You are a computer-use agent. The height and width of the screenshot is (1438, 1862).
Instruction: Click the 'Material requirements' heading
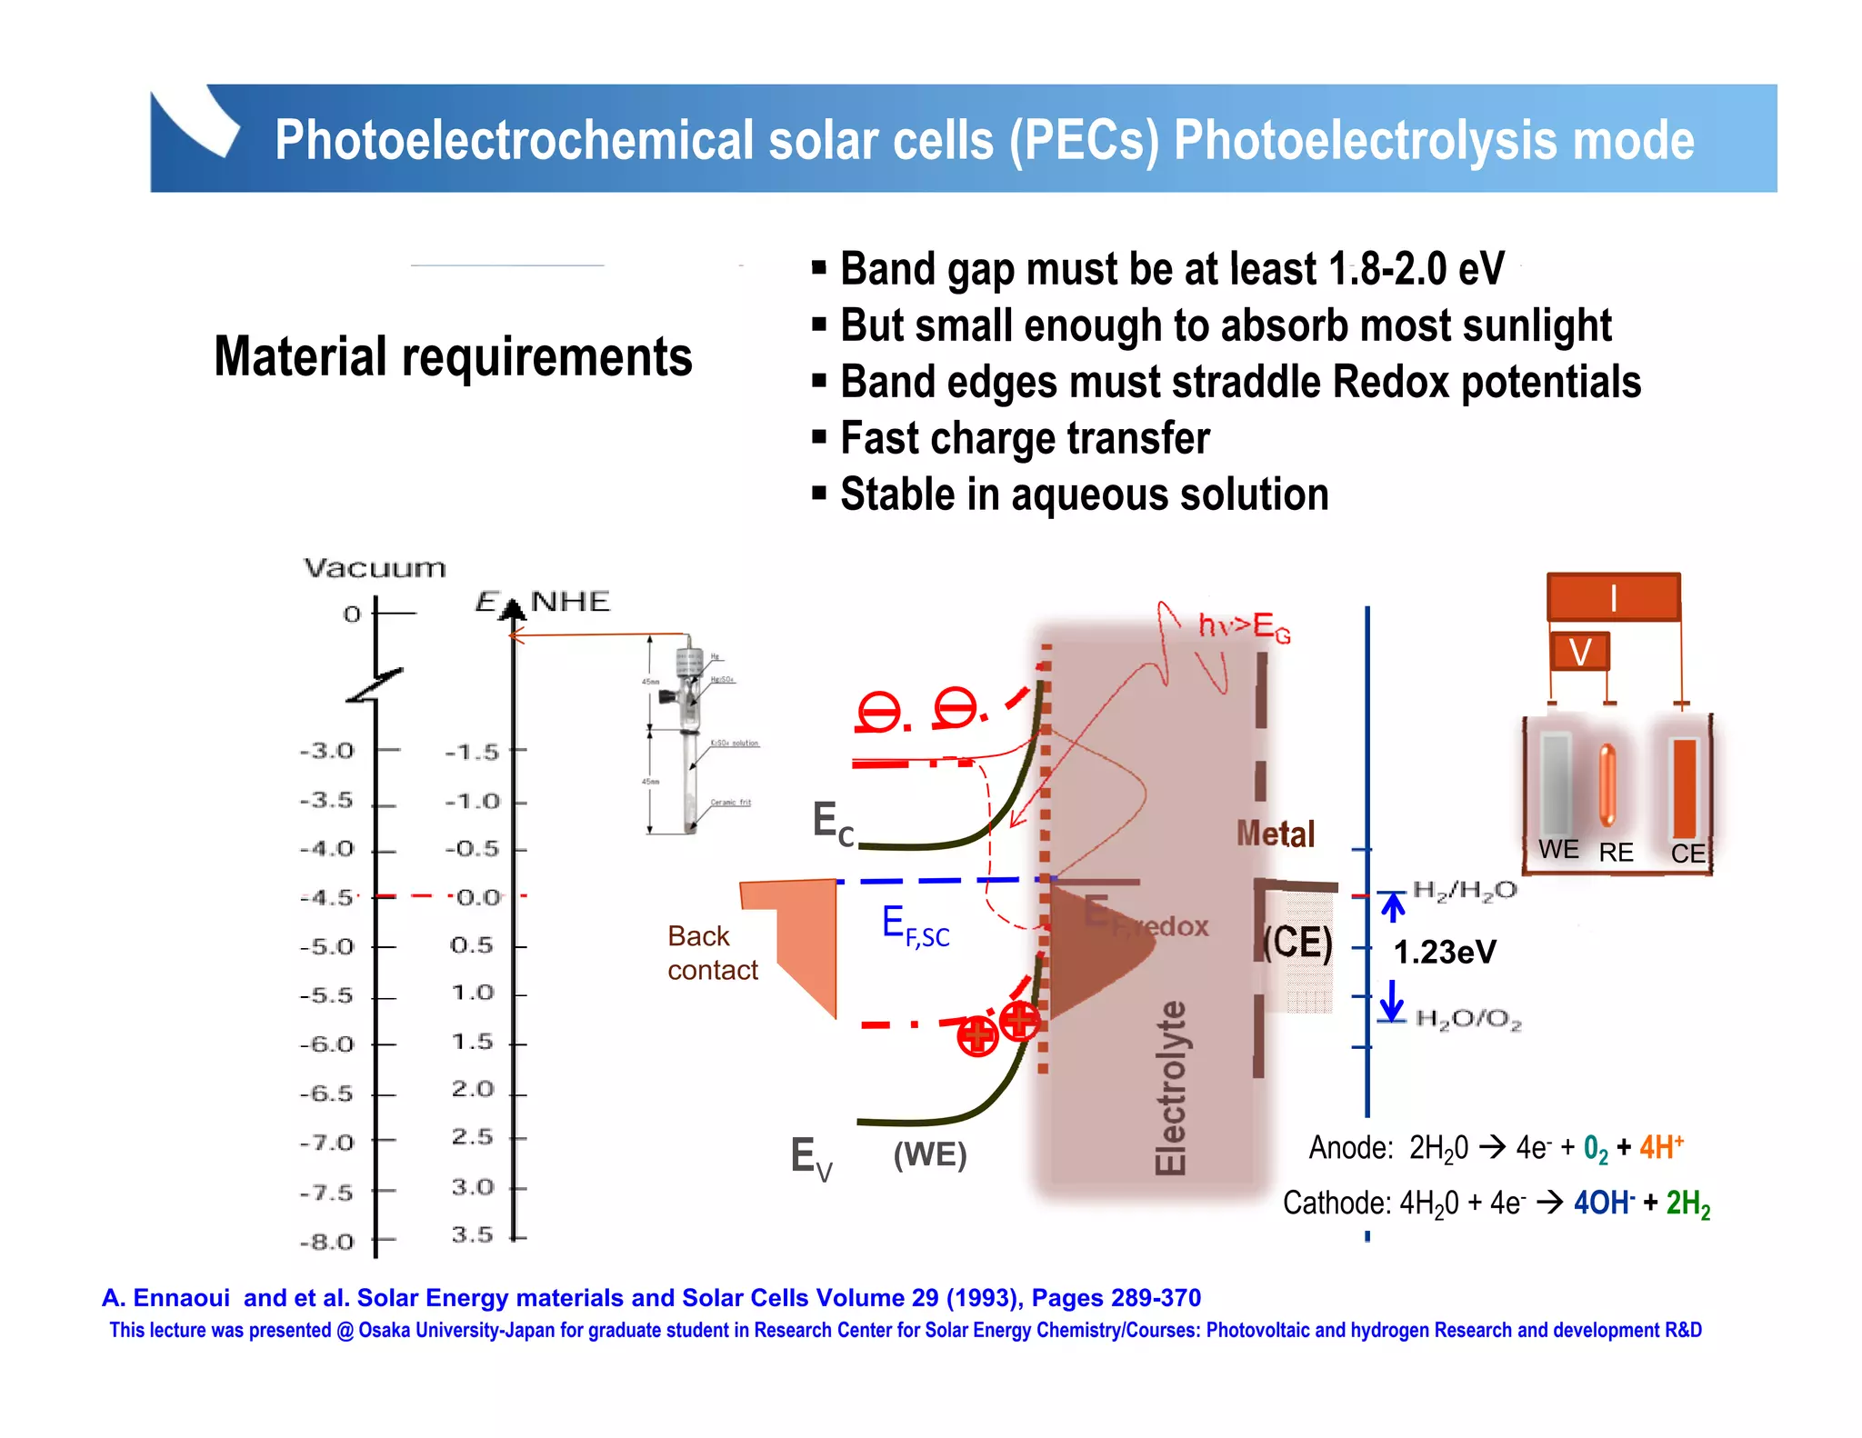click(453, 356)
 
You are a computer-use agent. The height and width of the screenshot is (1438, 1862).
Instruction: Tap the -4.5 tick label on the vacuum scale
click(327, 898)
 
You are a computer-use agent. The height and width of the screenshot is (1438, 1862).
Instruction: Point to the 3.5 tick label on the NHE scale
click(473, 1235)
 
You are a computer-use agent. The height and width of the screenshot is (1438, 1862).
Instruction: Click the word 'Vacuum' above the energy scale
click(375, 569)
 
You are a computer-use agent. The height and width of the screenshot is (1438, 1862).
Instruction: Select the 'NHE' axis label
click(570, 602)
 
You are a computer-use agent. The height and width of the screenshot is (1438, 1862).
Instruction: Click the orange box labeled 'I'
click(1613, 597)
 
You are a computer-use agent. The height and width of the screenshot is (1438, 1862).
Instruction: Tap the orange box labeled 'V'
click(1580, 652)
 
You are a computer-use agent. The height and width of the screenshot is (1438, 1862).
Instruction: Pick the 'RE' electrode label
click(1616, 853)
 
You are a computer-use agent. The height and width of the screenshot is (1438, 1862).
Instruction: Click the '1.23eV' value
click(1444, 953)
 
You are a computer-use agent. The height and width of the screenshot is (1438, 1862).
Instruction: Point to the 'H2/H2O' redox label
click(1465, 890)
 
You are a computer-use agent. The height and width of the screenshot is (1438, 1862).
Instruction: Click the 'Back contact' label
click(712, 954)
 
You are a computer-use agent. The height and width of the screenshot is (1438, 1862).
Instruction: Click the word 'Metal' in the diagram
click(1275, 834)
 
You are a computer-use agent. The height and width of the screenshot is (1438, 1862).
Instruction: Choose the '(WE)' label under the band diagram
click(929, 1154)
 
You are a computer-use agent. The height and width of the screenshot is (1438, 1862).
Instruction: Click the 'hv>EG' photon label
click(1244, 626)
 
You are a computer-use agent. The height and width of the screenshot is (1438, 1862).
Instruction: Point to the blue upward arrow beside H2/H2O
click(1392, 906)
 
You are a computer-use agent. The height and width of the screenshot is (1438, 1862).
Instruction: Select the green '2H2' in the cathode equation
click(1687, 1204)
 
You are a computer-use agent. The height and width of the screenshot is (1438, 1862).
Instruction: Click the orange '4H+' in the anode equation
click(1661, 1147)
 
